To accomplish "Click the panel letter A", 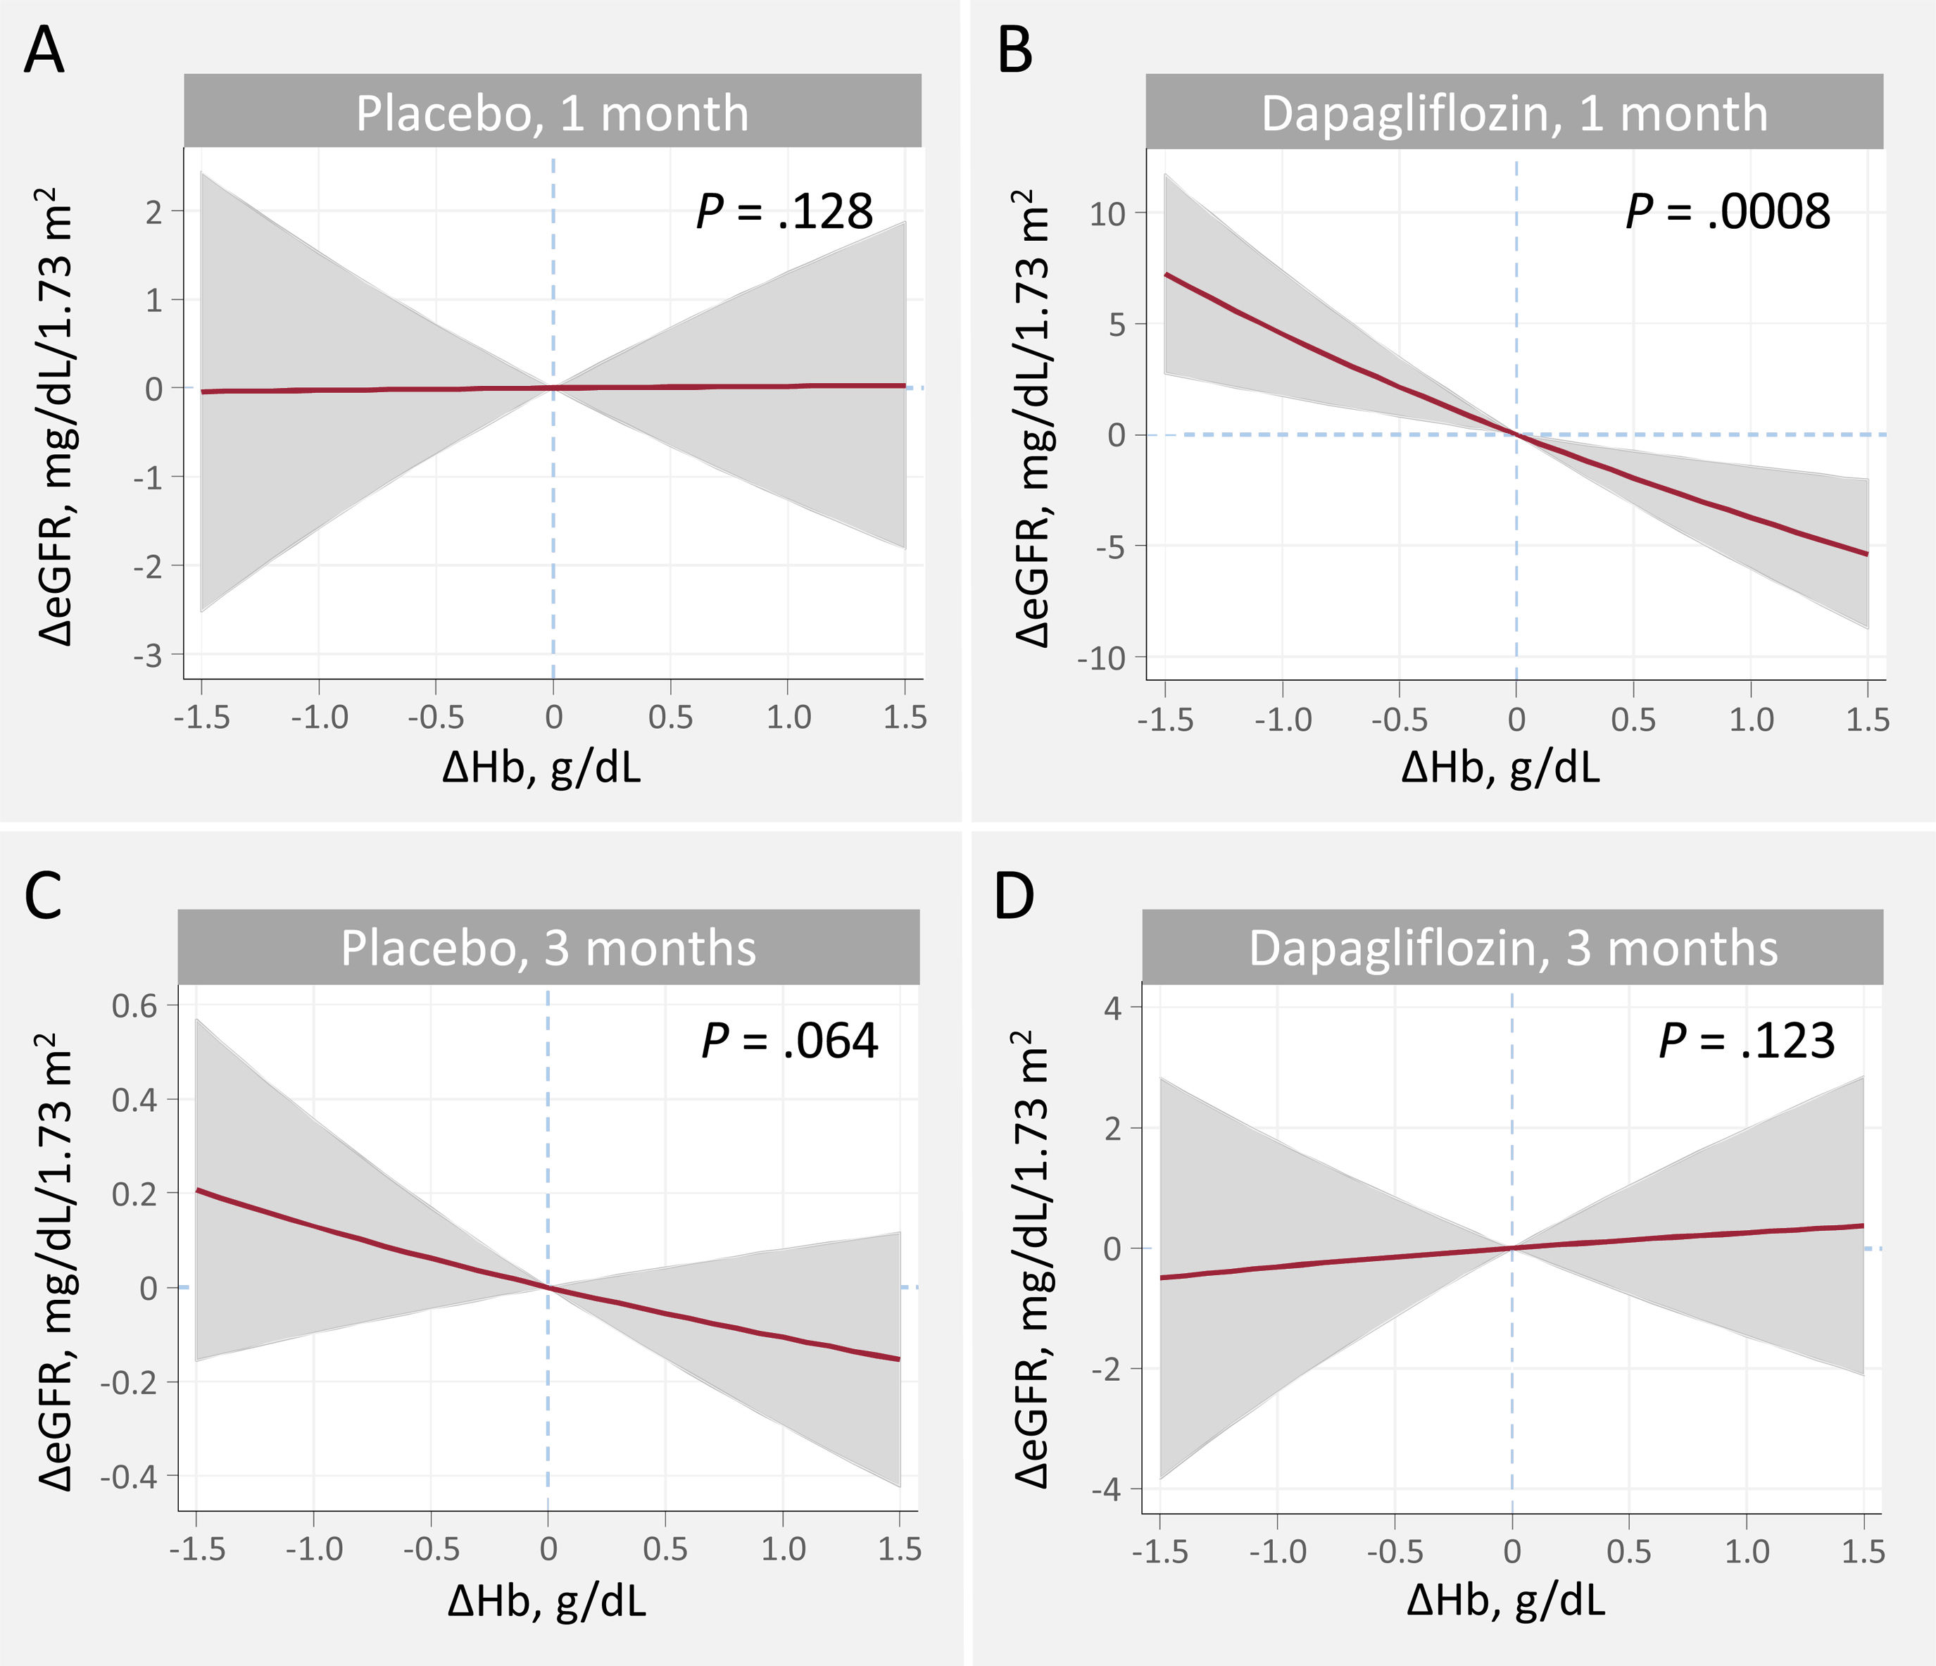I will [x=44, y=51].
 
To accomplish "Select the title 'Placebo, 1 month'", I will [x=552, y=113].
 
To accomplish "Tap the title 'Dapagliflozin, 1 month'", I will [x=1514, y=113].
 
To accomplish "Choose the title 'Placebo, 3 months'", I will [x=548, y=948].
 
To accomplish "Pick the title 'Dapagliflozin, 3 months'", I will [x=1513, y=948].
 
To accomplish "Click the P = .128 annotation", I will [x=785, y=211].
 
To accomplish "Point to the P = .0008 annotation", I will [x=1728, y=211].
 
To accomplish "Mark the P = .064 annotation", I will [x=790, y=1041].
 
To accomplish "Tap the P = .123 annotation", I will [x=1747, y=1041].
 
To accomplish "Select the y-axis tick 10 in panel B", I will [x=1109, y=214].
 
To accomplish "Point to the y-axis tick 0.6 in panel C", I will [x=135, y=1006].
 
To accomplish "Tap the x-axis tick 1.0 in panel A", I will [x=788, y=718].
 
